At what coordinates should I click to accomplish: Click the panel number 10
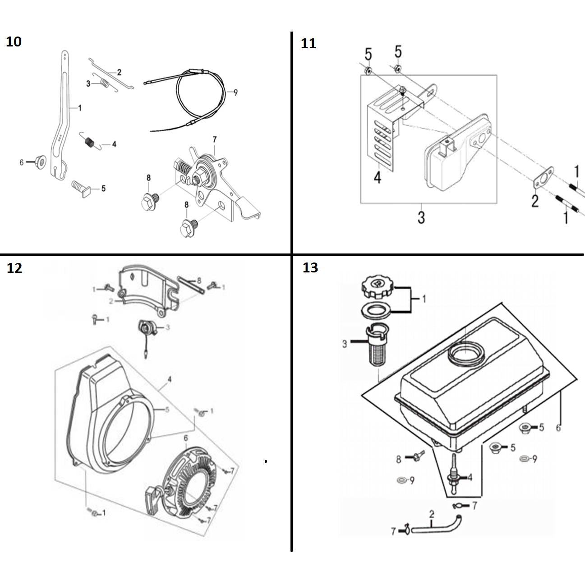point(14,41)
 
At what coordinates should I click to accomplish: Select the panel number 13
point(310,267)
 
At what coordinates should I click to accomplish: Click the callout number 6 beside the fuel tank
point(558,427)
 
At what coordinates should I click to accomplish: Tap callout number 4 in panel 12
point(169,379)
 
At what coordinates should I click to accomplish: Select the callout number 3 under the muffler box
point(421,217)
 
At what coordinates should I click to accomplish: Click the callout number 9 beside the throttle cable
point(235,92)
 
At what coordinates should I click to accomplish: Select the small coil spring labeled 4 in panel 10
point(90,141)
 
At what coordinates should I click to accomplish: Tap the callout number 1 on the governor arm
point(80,108)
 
